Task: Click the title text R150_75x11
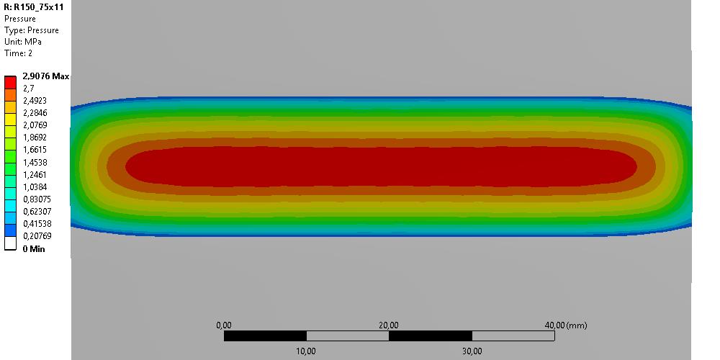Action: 39,7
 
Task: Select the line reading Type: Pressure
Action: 32,30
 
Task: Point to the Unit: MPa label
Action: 23,42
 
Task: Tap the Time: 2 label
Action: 19,53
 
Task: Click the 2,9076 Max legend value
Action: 46,76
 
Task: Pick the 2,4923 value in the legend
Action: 35,101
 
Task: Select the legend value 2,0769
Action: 35,125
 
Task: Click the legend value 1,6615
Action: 35,150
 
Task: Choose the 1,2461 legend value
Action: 35,174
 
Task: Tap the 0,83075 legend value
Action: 37,199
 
